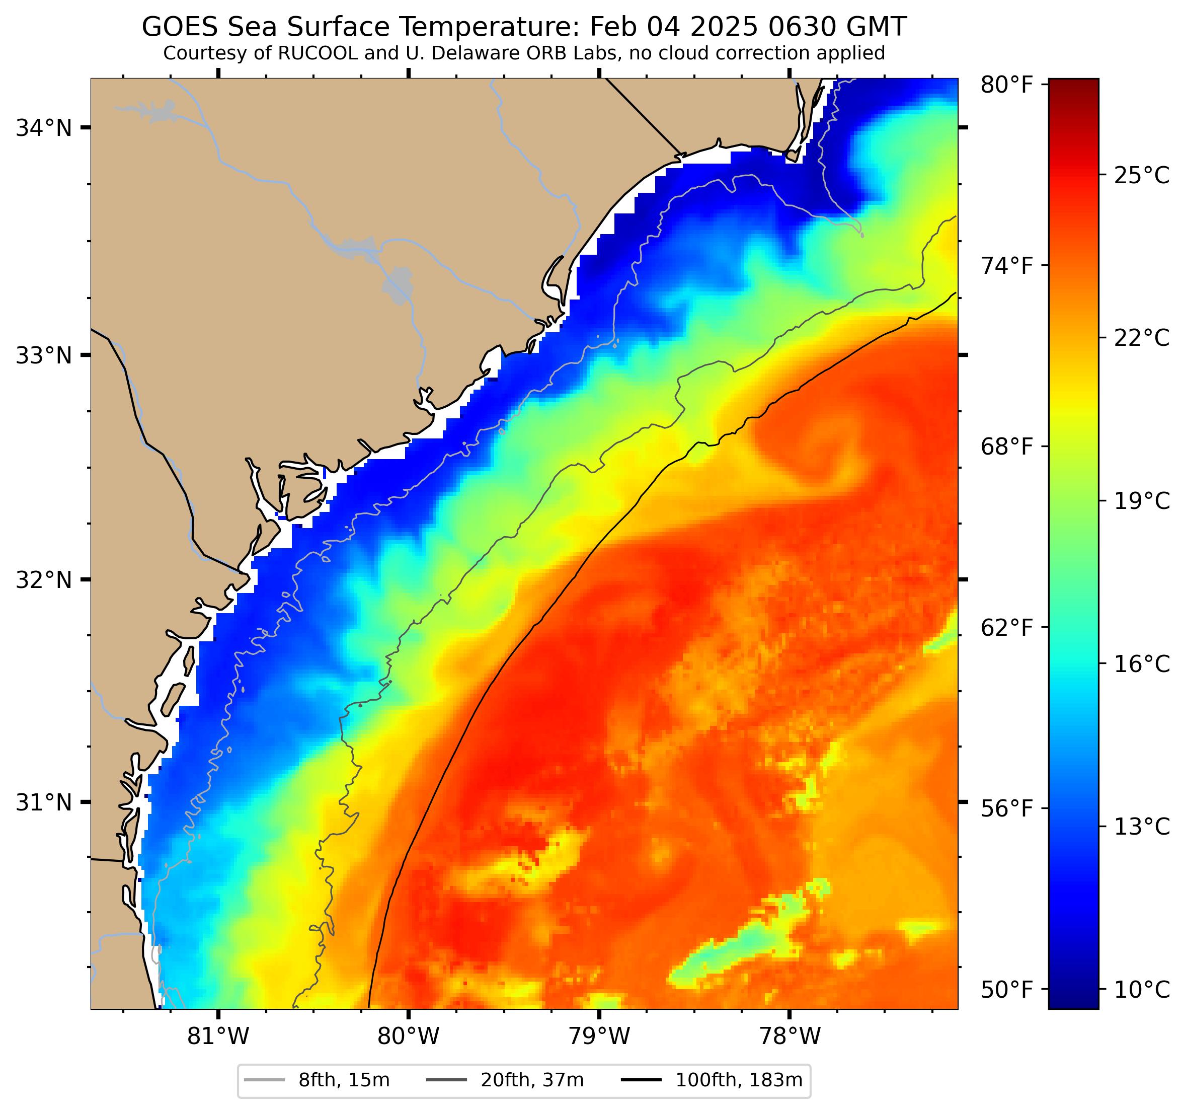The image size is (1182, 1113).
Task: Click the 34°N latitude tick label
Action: (43, 128)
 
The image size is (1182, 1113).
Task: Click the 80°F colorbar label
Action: (1006, 85)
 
